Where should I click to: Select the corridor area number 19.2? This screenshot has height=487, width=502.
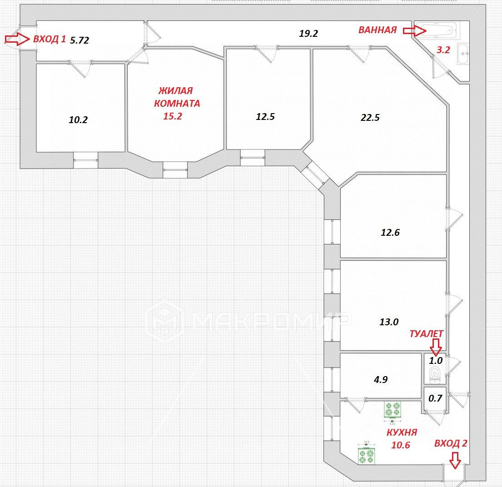pyautogui.click(x=308, y=33)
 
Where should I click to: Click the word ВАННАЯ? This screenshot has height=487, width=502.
pyautogui.click(x=378, y=30)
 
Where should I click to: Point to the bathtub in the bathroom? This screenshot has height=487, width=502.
pyautogui.click(x=435, y=30)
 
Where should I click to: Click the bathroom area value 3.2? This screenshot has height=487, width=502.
pyautogui.click(x=443, y=50)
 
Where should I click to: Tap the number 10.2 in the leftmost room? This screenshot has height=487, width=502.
pyautogui.click(x=78, y=120)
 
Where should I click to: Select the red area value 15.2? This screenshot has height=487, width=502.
pyautogui.click(x=173, y=116)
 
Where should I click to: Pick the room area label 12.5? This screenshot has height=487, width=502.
pyautogui.click(x=265, y=116)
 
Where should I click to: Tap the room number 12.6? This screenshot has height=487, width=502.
pyautogui.click(x=390, y=233)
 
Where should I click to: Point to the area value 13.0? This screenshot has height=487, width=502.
pyautogui.click(x=389, y=322)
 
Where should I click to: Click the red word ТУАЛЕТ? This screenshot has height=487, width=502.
pyautogui.click(x=427, y=333)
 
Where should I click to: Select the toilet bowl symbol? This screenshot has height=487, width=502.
pyautogui.click(x=435, y=374)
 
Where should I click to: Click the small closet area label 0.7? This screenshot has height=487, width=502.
pyautogui.click(x=436, y=398)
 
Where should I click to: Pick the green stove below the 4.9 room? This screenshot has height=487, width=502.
pyautogui.click(x=393, y=410)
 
